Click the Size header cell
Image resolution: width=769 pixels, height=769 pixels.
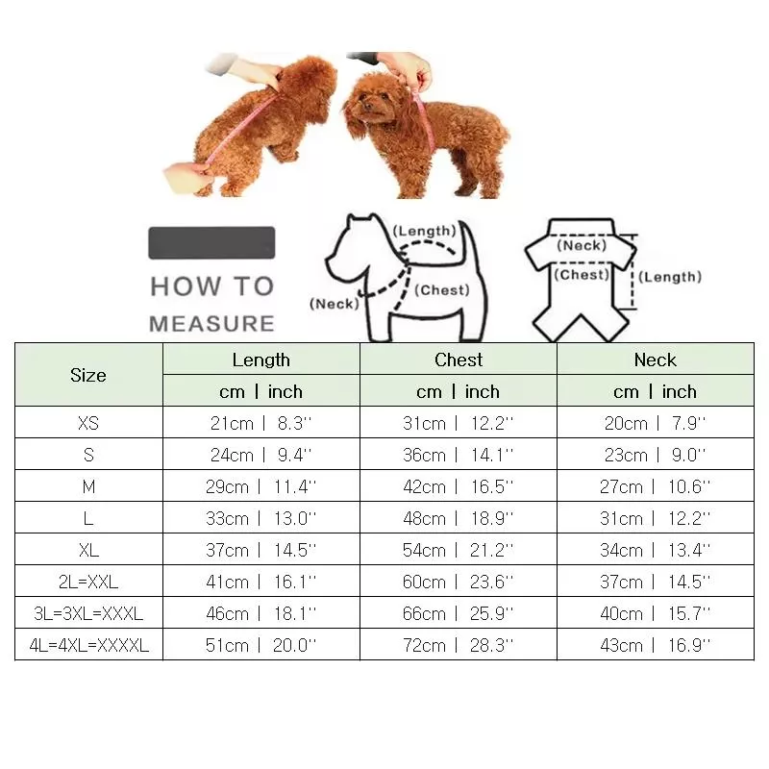[x=88, y=375]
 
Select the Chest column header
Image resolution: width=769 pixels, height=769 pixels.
[x=459, y=360]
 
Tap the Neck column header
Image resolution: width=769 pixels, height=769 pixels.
[x=656, y=360]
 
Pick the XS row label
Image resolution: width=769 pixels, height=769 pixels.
[x=88, y=423]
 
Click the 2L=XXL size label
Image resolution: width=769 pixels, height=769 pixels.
[x=88, y=582]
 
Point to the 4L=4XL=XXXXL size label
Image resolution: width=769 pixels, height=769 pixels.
[x=88, y=645]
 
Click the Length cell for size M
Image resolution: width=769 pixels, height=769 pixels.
[x=260, y=486]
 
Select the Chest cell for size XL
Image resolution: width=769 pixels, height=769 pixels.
[x=459, y=550]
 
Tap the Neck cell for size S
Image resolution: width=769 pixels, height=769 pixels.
[x=656, y=455]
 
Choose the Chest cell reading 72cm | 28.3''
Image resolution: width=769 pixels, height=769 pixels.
[x=459, y=645]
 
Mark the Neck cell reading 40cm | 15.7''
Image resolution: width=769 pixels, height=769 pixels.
[x=656, y=613]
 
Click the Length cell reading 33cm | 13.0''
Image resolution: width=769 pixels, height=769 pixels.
[x=260, y=518]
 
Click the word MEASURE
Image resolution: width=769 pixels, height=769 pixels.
[x=211, y=324]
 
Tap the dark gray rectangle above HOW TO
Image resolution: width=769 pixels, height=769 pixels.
[x=211, y=242]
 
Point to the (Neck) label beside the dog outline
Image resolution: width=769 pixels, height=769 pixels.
[x=335, y=304]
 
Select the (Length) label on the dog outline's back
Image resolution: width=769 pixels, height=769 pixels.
[x=425, y=231]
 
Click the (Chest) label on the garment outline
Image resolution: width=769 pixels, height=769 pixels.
[x=582, y=274]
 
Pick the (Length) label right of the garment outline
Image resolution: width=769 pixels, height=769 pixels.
[x=670, y=277]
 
